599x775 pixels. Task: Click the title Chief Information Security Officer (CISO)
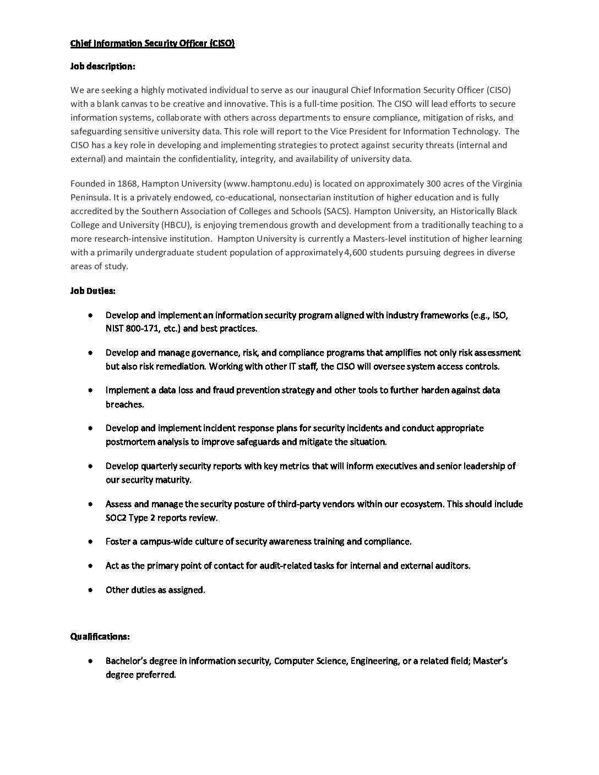pos(153,43)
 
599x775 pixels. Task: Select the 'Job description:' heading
pos(102,66)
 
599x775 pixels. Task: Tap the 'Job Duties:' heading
pos(92,291)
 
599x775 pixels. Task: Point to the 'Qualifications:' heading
pos(100,636)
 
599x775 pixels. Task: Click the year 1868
pos(127,183)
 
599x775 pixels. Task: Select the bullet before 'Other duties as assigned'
pos(90,590)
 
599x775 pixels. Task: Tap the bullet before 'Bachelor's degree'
pos(90,661)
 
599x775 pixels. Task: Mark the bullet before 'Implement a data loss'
pos(90,390)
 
